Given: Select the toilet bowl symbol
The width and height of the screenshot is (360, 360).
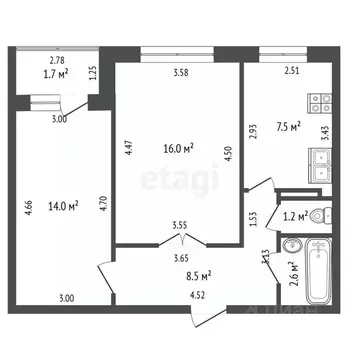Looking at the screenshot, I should click(318, 214).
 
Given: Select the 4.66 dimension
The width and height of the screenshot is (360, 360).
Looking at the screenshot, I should click(24, 207).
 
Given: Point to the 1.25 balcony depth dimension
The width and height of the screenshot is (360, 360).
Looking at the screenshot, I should click(93, 73).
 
